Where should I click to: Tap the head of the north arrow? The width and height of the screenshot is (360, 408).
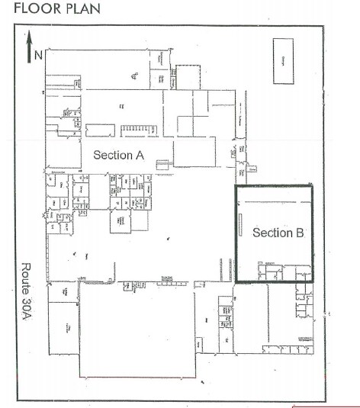pyautogui.click(x=28, y=36)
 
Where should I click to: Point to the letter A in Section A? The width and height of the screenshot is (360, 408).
pyautogui.click(x=140, y=154)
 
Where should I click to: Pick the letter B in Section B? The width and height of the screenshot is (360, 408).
pyautogui.click(x=298, y=233)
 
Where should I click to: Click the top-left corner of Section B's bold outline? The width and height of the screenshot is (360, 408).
pyautogui.click(x=234, y=185)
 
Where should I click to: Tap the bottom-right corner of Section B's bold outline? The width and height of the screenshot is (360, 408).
pyautogui.click(x=312, y=282)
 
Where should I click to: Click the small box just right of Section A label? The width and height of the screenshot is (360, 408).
pyautogui.click(x=162, y=163)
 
